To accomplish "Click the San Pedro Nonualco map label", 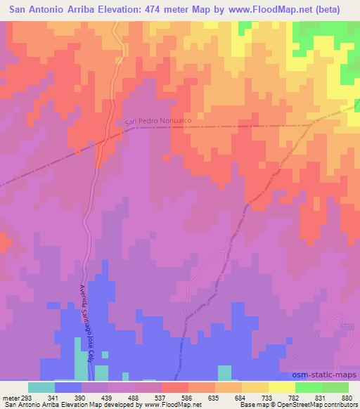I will [158, 122].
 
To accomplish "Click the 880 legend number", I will [347, 398].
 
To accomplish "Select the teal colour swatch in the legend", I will [41, 387].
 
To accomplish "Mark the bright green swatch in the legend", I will [309, 387].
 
